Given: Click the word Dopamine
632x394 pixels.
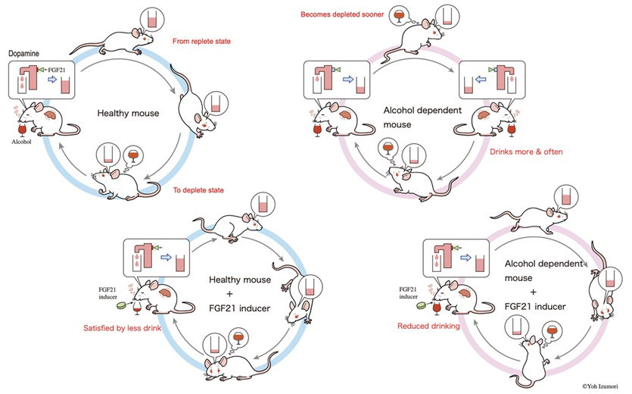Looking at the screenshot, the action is pyautogui.click(x=23, y=54).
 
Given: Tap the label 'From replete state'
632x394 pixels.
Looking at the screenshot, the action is pyautogui.click(x=201, y=41).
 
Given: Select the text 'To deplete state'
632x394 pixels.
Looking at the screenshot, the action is pyautogui.click(x=198, y=190).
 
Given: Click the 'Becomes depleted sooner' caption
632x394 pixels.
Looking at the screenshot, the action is pyautogui.click(x=342, y=14).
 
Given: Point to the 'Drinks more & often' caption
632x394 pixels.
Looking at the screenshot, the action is pyautogui.click(x=526, y=152).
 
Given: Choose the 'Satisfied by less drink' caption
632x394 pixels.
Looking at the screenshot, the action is pyautogui.click(x=122, y=328).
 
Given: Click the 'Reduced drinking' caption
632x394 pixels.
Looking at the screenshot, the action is pyautogui.click(x=428, y=326).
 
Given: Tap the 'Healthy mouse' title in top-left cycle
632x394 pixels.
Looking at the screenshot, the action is pyautogui.click(x=128, y=114).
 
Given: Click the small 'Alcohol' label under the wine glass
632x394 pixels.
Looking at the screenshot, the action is pyautogui.click(x=21, y=142).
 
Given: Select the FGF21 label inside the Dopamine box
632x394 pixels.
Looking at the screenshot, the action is pyautogui.click(x=57, y=70).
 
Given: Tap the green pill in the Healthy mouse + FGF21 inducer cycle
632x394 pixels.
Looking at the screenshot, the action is pyautogui.click(x=121, y=305).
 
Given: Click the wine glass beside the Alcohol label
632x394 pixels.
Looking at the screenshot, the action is pyautogui.click(x=22, y=130).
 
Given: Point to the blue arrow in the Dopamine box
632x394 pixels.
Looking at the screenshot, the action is pyautogui.click(x=52, y=80).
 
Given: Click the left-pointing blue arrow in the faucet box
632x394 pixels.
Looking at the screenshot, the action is pyautogui.click(x=481, y=80).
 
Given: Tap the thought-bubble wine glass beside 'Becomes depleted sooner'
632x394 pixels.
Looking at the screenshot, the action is pyautogui.click(x=399, y=15).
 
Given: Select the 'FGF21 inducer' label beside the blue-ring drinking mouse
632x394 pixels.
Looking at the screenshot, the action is pyautogui.click(x=107, y=293).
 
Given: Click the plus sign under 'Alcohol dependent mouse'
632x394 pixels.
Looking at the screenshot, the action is pyautogui.click(x=534, y=292).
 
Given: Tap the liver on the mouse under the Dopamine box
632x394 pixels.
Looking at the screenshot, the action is pyautogui.click(x=51, y=114).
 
